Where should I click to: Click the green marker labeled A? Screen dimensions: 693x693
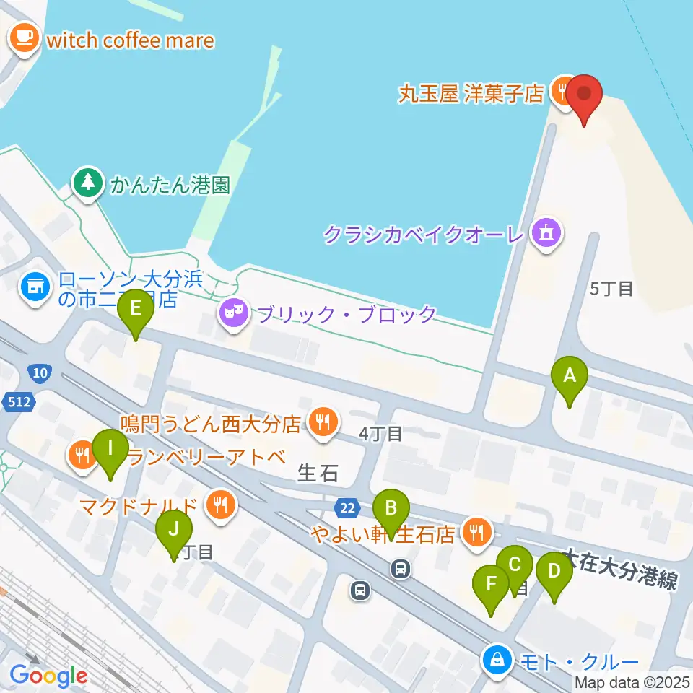[x=570, y=377]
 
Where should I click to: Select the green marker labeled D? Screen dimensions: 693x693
[x=554, y=571]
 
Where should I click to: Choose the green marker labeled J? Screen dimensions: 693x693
[x=174, y=529]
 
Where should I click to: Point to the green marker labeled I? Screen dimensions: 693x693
[x=110, y=449]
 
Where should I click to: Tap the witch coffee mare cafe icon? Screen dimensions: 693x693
[x=25, y=37]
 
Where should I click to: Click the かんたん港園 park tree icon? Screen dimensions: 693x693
[x=88, y=183]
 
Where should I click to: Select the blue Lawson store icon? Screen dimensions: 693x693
[x=35, y=288]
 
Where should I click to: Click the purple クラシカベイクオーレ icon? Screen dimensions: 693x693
[x=546, y=234]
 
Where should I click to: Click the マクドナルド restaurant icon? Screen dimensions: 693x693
[x=219, y=505]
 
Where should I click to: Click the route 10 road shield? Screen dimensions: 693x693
[x=40, y=373]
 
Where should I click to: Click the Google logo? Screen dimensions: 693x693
[x=48, y=675]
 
